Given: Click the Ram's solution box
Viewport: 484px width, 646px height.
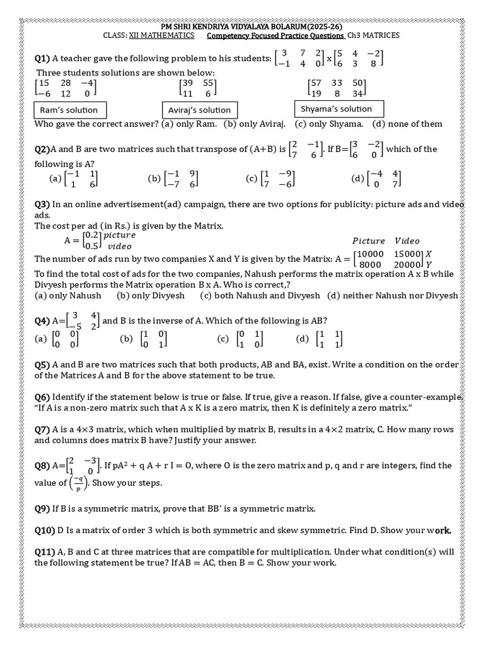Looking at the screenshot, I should tap(69, 110).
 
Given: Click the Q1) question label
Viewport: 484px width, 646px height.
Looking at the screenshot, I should tap(42, 59).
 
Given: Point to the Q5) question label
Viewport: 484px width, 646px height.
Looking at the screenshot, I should tap(42, 365).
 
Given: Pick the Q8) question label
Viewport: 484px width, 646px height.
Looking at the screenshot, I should tap(42, 466).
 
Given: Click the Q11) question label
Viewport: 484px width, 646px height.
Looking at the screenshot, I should tap(45, 551).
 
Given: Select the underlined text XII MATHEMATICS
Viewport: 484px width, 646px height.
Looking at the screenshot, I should tap(162, 36).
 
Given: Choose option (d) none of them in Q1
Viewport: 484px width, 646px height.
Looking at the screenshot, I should tap(408, 124).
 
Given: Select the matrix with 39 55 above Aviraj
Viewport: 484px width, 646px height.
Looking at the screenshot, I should tap(198, 88).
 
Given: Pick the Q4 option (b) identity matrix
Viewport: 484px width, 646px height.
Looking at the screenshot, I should tap(144, 339).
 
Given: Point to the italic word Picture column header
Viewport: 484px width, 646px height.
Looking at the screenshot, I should tap(369, 240).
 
